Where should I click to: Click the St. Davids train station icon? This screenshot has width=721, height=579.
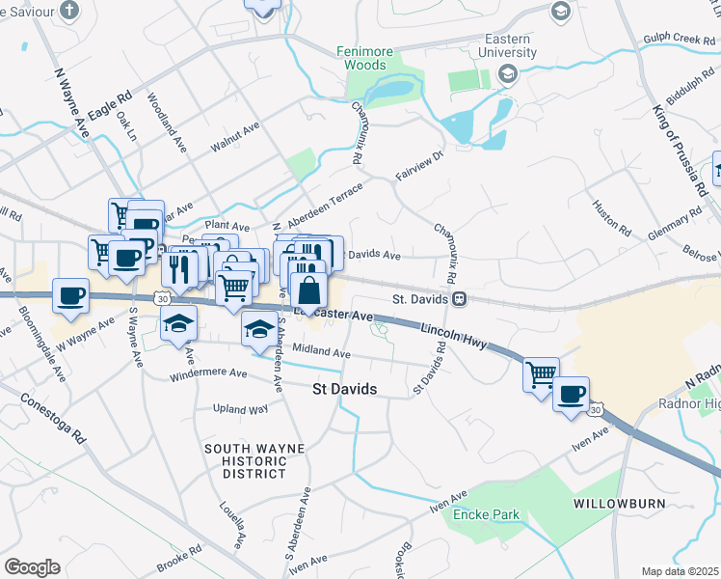point(461,299)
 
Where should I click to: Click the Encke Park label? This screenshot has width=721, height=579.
point(486,514)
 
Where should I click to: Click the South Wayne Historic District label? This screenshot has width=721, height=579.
point(254,460)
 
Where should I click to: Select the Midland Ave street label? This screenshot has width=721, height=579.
point(320,353)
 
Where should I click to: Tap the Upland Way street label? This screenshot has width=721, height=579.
point(240,409)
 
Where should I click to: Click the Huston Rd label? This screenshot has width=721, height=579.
point(611,219)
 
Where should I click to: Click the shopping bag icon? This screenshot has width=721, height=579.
point(307,289)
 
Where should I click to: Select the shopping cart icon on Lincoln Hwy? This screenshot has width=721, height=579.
point(542,373)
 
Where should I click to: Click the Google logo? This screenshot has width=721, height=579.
point(33,567)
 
